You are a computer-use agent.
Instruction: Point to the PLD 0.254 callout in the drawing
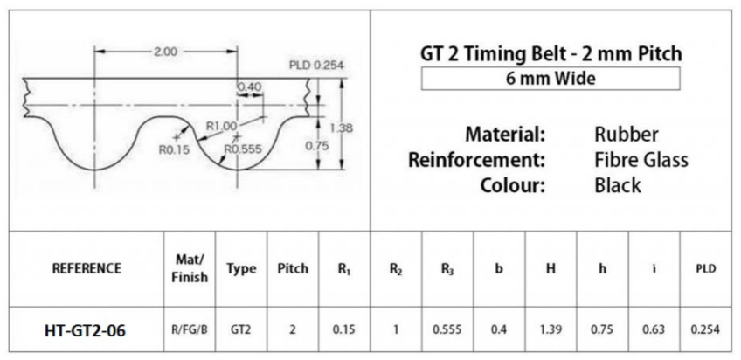pos(317,66)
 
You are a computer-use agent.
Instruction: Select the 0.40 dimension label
pos(249,86)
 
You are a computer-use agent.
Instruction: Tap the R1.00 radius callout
pos(222,127)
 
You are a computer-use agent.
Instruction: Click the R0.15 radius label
pos(174,149)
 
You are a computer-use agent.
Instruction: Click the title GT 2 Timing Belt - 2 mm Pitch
pos(551,54)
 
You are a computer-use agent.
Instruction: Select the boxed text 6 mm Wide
pos(551,79)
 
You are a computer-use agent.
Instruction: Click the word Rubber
pos(626,135)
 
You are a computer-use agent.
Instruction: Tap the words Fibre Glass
pos(641,160)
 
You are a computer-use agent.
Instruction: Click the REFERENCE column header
pos(87,268)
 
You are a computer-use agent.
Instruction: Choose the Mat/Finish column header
pos(190,268)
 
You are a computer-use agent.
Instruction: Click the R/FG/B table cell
pos(190,330)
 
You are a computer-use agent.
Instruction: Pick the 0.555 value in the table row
pos(447,330)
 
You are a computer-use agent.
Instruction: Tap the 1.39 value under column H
pos(551,330)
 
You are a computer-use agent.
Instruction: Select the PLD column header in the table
pos(704,268)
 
